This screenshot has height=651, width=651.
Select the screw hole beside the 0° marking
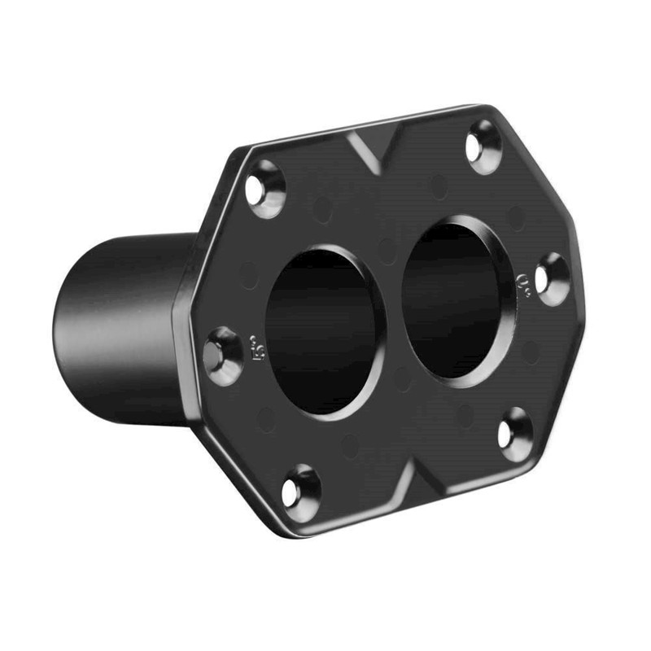click(553, 279)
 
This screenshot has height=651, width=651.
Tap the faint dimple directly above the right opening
click(440, 186)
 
